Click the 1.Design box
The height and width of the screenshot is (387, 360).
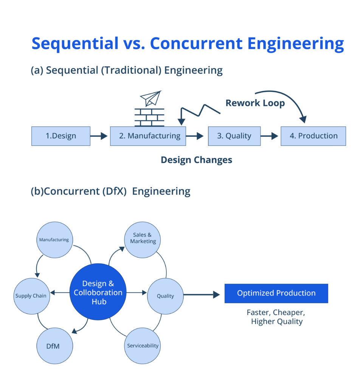tap(61, 136)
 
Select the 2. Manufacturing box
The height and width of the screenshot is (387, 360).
tap(148, 136)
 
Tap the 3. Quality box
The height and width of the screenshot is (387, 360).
tap(234, 136)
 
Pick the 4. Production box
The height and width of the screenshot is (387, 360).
tap(313, 136)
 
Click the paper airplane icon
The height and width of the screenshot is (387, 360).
tap(150, 98)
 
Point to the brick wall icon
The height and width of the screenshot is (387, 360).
tap(149, 117)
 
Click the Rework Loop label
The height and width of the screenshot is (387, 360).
tap(255, 103)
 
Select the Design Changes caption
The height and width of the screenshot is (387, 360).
tap(196, 160)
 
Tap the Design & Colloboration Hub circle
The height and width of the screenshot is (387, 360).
tap(98, 292)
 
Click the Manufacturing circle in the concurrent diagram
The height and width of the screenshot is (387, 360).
tap(54, 240)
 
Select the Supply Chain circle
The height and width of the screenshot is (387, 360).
tap(31, 296)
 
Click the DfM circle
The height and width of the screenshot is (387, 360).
tap(54, 346)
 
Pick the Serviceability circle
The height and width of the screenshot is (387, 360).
tap(143, 345)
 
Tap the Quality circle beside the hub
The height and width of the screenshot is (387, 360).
tap(165, 296)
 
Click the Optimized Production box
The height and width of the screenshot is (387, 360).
tap(276, 293)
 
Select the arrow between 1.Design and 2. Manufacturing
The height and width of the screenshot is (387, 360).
tap(99, 136)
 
